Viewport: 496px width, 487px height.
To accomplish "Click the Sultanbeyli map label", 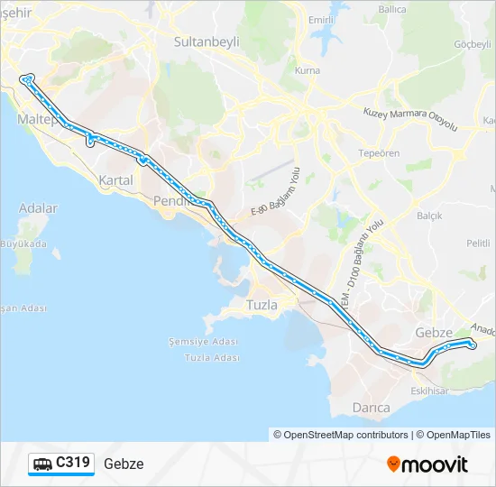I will tap(208, 41).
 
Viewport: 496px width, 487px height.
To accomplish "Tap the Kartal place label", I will tap(116, 180).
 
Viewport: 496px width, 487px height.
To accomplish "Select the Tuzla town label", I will tap(262, 305).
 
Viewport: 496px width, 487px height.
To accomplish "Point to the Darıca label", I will tap(371, 408).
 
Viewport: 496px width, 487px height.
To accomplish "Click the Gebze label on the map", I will tap(433, 332).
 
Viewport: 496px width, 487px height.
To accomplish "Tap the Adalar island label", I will tap(38, 208).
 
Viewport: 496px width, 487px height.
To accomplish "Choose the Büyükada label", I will tap(23, 243).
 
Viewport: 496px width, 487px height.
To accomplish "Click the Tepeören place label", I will tap(379, 153).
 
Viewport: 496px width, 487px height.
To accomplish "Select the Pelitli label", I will tap(478, 243).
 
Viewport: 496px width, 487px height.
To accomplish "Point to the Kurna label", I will tap(308, 70).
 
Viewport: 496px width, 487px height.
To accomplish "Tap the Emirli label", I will tap(321, 20).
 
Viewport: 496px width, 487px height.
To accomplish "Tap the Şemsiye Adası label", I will tap(202, 342).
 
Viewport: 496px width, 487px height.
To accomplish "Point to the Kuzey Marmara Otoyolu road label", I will tap(410, 119).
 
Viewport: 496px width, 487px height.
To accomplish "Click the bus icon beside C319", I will tap(42, 464).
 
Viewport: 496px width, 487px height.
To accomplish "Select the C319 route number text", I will tap(73, 464).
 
